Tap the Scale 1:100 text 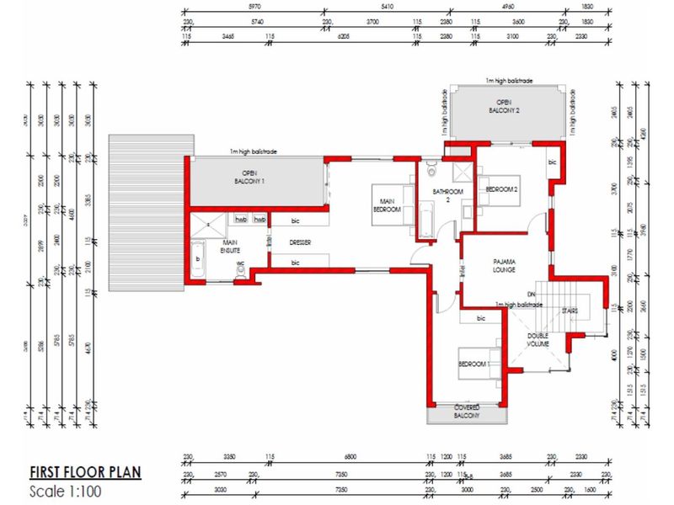click(x=67, y=491)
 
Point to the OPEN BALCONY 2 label click(x=505, y=107)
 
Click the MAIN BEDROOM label click(x=388, y=205)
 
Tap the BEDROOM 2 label click(x=502, y=190)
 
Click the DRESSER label click(x=301, y=243)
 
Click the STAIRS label click(x=570, y=311)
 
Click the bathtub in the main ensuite click(x=199, y=259)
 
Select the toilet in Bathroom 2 click(x=431, y=171)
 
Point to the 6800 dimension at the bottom click(x=350, y=457)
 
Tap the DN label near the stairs click(x=532, y=294)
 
